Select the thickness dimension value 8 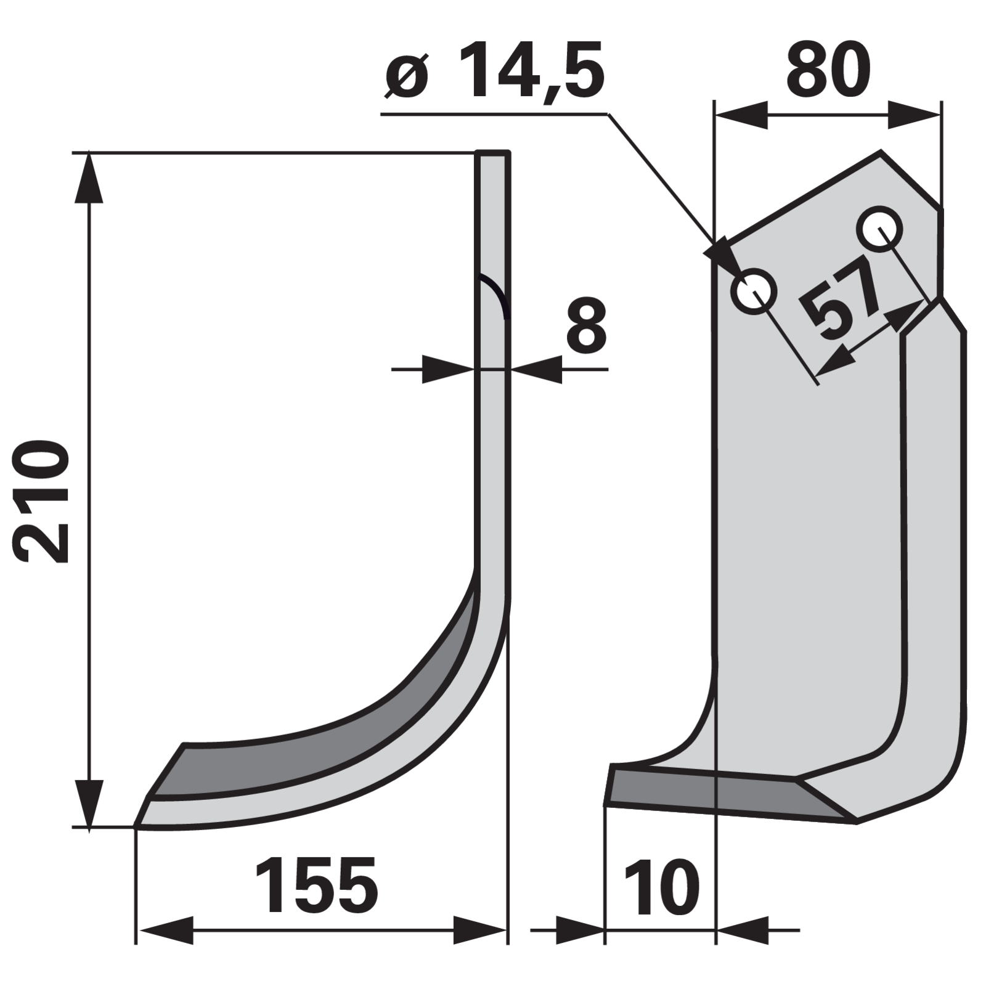[586, 327]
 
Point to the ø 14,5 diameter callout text [494, 70]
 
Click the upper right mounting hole [882, 229]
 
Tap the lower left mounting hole [753, 291]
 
